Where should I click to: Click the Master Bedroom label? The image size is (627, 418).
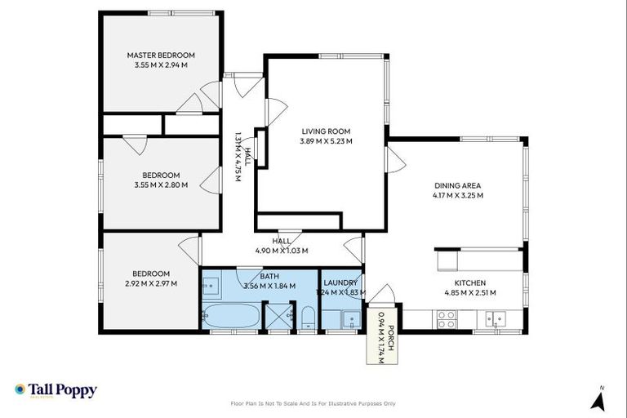point(161,56)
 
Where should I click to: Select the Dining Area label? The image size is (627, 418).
point(458,185)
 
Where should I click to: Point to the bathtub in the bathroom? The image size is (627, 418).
point(231,317)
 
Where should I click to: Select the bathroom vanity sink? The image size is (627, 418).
point(211,286)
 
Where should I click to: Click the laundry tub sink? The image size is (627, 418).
point(353,318)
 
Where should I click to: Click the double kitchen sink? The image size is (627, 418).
point(495,319)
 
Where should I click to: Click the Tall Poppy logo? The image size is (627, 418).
point(56,390)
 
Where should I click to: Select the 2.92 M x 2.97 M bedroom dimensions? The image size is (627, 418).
point(151,283)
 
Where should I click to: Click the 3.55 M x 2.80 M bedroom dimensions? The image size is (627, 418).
point(161,185)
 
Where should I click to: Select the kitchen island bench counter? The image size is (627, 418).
point(478,260)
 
